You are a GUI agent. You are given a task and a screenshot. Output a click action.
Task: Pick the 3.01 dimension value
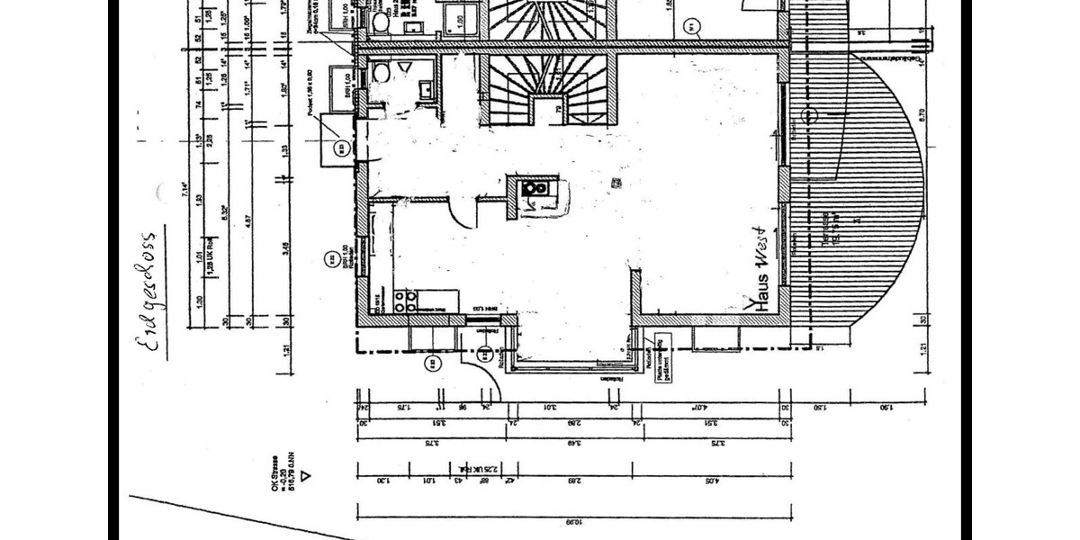tap(550, 407)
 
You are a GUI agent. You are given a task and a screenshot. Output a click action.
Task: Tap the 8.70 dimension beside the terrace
tap(921, 117)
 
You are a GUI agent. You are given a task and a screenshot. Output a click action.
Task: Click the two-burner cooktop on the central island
tap(535, 188)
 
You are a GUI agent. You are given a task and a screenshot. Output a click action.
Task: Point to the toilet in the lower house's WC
tap(381, 72)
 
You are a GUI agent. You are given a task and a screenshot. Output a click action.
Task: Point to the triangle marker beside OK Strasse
tap(307, 474)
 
